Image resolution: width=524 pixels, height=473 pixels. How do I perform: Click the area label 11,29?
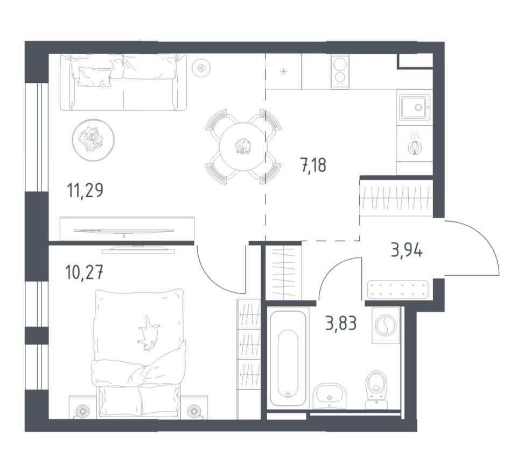[x=85, y=191]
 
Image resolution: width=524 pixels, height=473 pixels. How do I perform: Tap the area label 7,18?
[x=313, y=165]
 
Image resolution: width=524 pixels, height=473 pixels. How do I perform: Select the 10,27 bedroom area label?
[x=84, y=273]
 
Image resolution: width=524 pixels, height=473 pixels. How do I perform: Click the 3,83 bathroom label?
[x=341, y=323]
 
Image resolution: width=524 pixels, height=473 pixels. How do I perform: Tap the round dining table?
[x=243, y=146]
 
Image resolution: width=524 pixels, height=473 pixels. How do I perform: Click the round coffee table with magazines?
[x=93, y=140]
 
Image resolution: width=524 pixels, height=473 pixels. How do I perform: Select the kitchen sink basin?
[x=414, y=107]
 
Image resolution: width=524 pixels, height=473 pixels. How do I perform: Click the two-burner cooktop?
[x=340, y=71]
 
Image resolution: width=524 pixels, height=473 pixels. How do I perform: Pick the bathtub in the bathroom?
[x=288, y=359]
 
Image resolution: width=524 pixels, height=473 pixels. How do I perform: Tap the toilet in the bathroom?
[x=376, y=389]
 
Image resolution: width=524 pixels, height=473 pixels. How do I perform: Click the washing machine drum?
[x=385, y=325]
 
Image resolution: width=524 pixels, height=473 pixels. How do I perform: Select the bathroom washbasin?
[x=330, y=396]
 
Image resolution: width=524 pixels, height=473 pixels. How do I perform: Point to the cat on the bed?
[x=149, y=333]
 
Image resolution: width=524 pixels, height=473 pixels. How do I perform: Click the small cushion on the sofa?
[x=94, y=76]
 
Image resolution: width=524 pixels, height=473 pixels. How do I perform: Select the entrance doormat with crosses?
[x=397, y=290]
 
